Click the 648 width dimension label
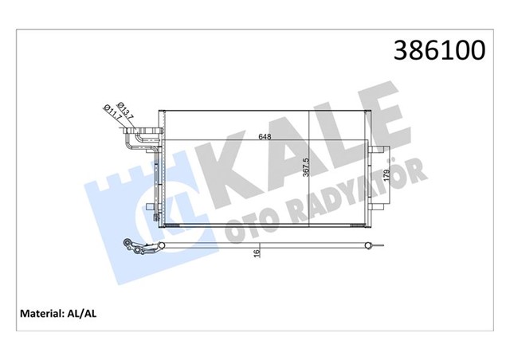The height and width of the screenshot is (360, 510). pos(264,137)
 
